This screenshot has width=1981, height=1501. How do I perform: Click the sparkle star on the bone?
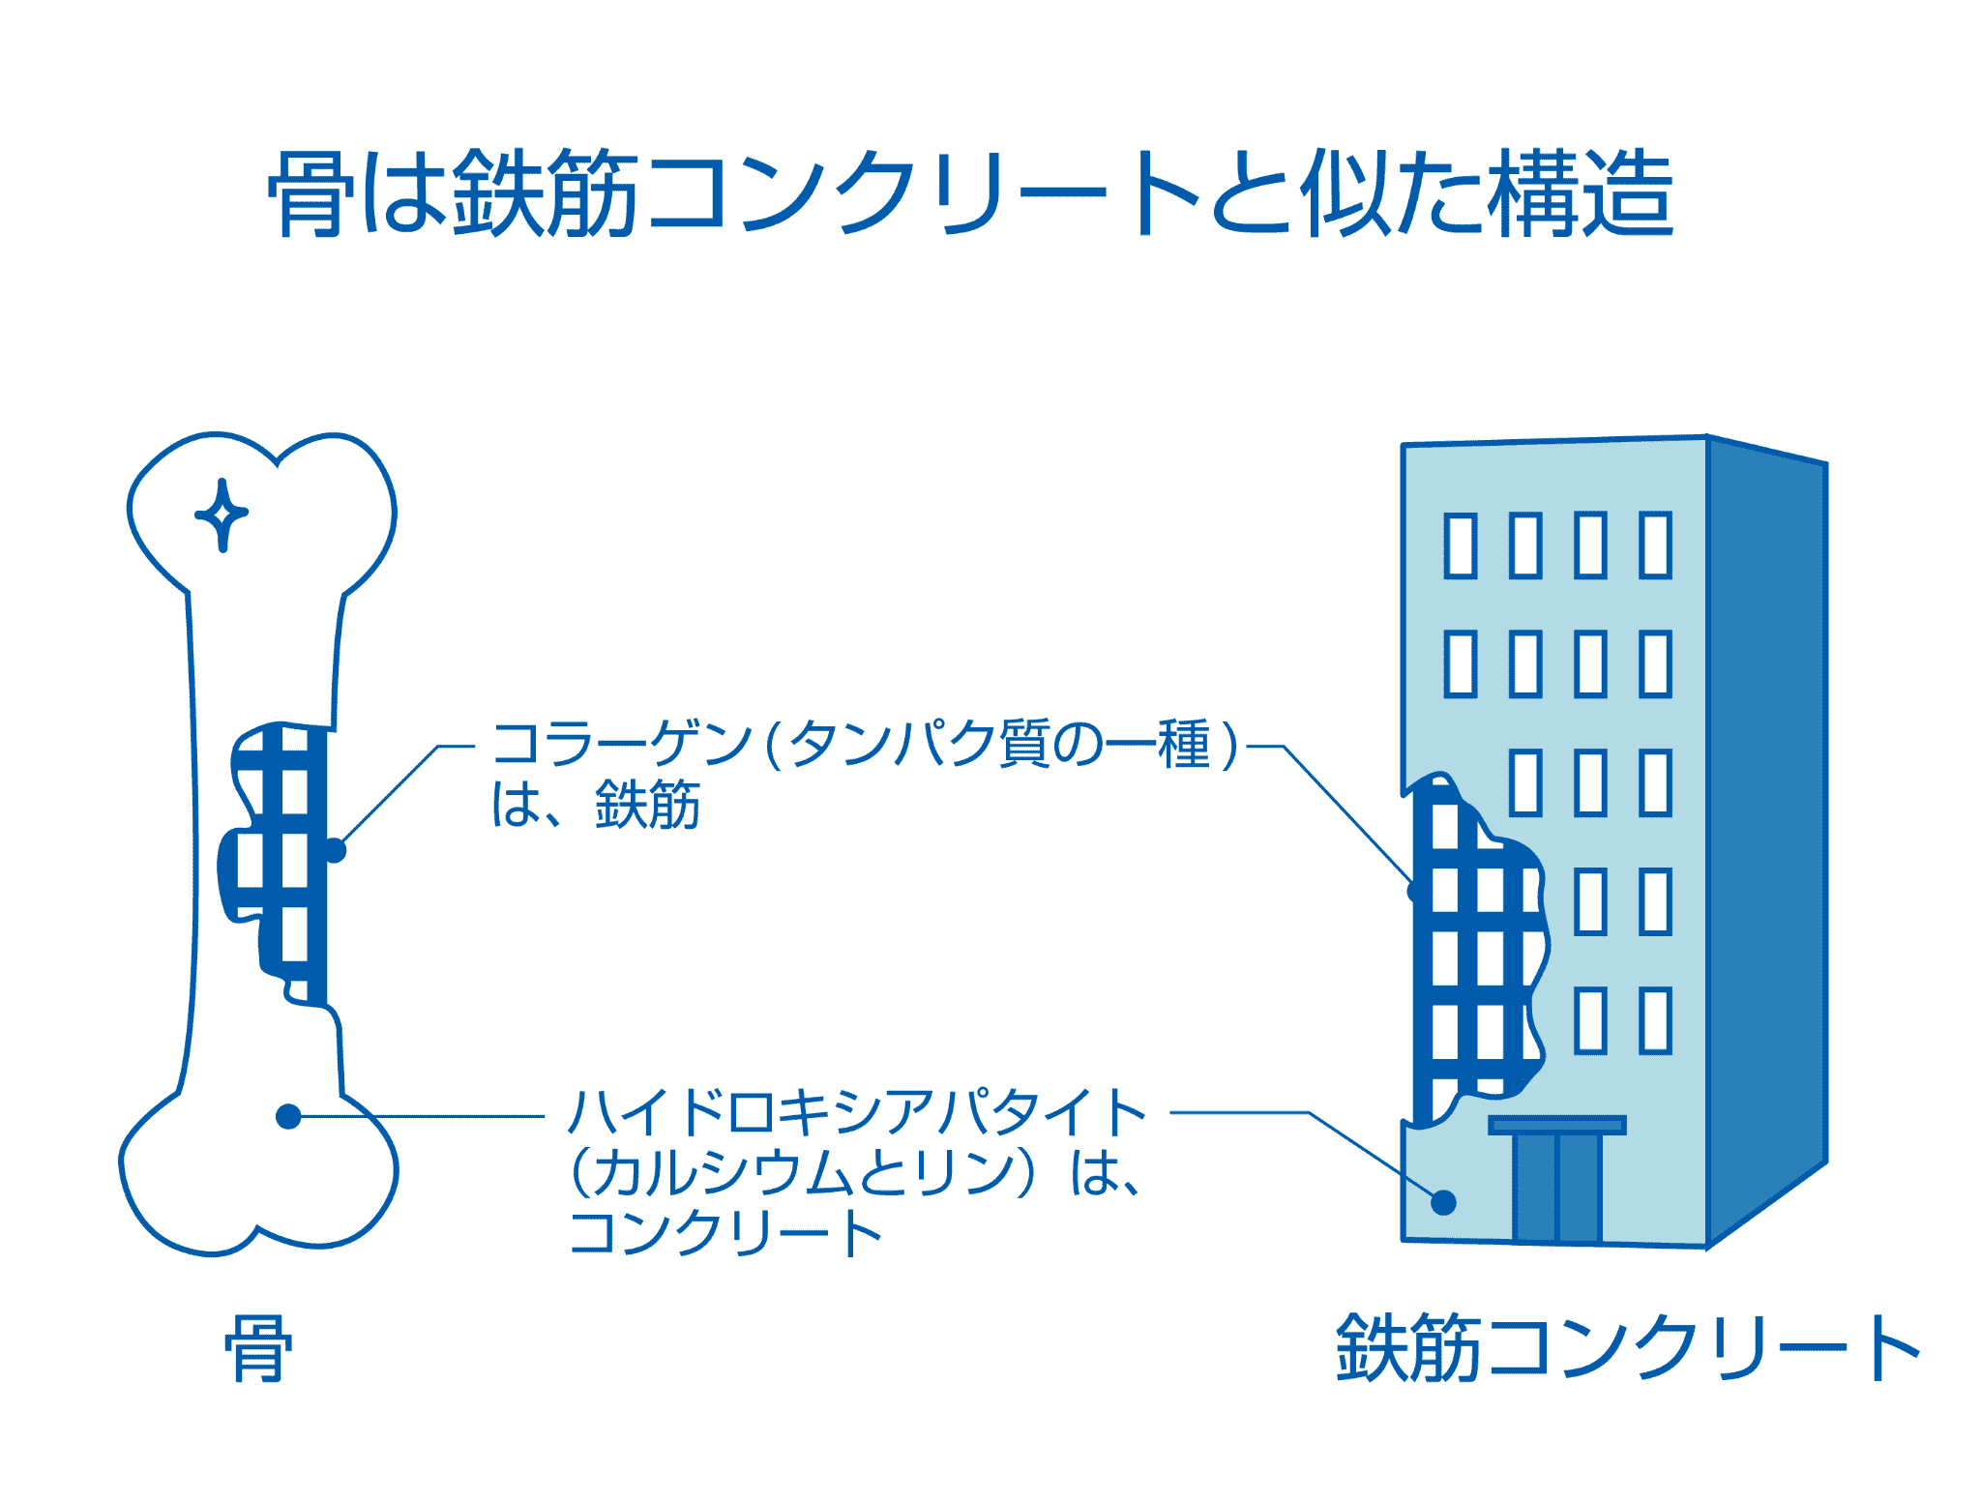click(x=222, y=514)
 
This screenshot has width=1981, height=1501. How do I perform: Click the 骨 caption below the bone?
click(x=257, y=1348)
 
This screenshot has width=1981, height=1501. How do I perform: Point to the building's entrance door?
click(x=1557, y=1188)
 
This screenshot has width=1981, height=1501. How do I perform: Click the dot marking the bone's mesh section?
click(x=335, y=851)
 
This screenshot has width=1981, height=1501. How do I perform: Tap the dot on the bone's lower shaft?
click(x=288, y=1117)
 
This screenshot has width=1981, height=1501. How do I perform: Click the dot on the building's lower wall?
click(x=1443, y=1202)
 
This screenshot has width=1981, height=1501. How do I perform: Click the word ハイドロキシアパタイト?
click(x=857, y=1112)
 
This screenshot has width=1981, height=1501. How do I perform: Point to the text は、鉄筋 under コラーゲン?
click(x=596, y=805)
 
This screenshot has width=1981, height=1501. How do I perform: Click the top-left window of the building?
click(x=1461, y=546)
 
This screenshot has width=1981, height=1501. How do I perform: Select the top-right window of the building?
click(x=1655, y=546)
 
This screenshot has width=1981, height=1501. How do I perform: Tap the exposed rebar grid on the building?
click(x=1470, y=957)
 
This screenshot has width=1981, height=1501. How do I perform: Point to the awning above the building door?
click(x=1557, y=1125)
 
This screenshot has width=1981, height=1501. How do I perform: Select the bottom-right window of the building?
click(x=1655, y=1020)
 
